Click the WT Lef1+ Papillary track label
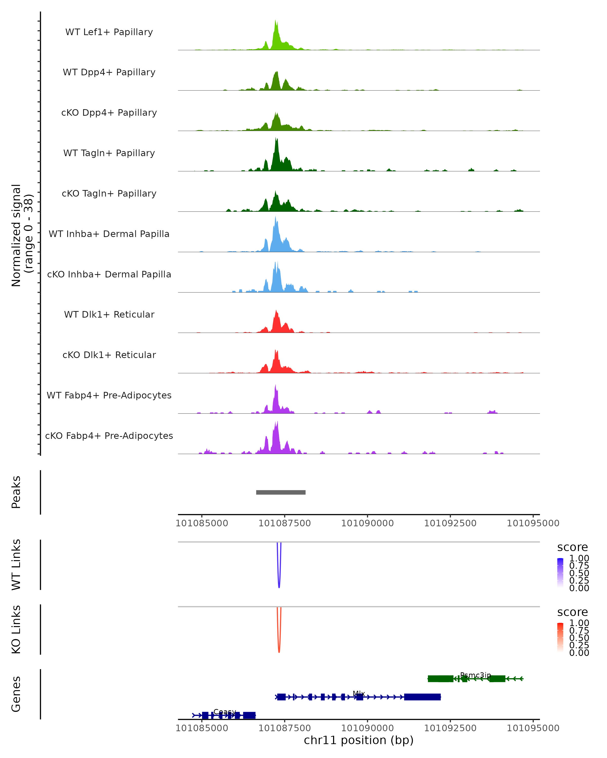pyautogui.click(x=109, y=32)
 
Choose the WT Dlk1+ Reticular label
pyautogui.click(x=109, y=314)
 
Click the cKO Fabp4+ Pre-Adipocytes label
pyautogui.click(x=109, y=436)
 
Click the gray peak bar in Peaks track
pyautogui.click(x=281, y=492)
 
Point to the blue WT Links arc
pyautogui.click(x=279, y=586)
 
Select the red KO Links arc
pyautogui.click(x=279, y=651)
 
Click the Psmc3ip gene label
pyautogui.click(x=475, y=675)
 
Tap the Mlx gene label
pyautogui.click(x=359, y=693)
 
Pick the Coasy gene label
pyautogui.click(x=225, y=712)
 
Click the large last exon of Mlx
pyautogui.click(x=422, y=697)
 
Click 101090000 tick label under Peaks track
pyautogui.click(x=367, y=523)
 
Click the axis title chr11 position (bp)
pyautogui.click(x=359, y=740)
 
